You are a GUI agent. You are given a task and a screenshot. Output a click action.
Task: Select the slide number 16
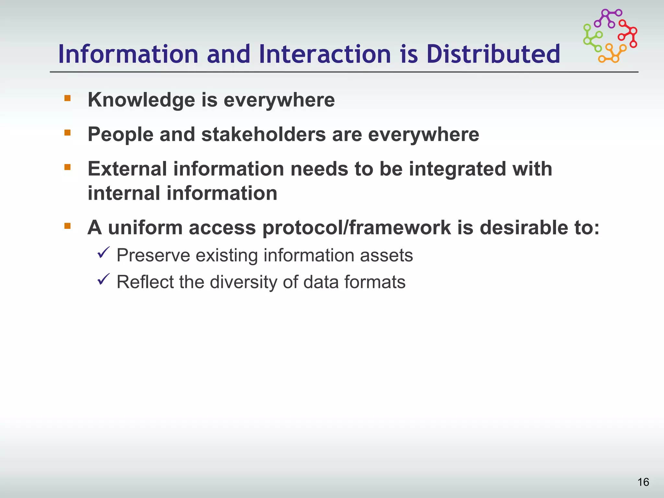tap(643, 482)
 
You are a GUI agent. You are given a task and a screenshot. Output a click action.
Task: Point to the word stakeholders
tap(263, 135)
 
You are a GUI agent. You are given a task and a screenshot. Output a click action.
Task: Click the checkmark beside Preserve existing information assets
tap(103, 253)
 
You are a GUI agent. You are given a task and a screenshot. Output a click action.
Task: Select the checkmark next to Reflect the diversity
tap(103, 279)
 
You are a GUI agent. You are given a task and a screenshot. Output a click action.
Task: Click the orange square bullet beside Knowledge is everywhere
tap(67, 98)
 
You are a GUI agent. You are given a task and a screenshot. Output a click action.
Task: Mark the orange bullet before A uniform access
tap(67, 226)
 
